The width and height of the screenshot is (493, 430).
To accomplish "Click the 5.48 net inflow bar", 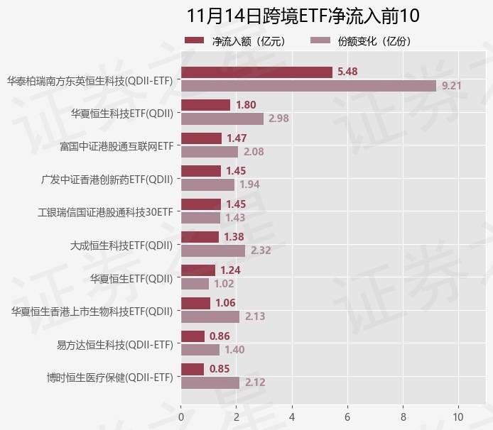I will pyautogui.click(x=256, y=72).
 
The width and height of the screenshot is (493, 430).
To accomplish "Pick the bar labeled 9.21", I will pyautogui.click(x=308, y=86).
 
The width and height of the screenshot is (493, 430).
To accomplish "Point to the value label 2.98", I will pyautogui.click(x=278, y=118).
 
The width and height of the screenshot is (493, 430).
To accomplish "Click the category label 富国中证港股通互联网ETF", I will pyautogui.click(x=117, y=145).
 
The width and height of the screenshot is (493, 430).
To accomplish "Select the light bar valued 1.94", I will pyautogui.click(x=207, y=184).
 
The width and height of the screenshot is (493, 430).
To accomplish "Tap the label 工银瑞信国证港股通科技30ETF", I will pyautogui.click(x=105, y=211).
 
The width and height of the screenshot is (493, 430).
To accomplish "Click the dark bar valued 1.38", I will pyautogui.click(x=200, y=237).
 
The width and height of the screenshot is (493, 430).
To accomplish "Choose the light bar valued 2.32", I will pyautogui.click(x=213, y=250).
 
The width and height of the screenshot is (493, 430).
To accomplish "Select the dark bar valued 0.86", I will pyautogui.click(x=193, y=336).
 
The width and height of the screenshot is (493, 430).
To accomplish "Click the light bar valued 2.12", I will pyautogui.click(x=210, y=382).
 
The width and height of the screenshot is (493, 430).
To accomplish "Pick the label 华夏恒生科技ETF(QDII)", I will pyautogui.click(x=122, y=112).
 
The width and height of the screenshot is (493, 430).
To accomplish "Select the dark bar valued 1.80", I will pyautogui.click(x=206, y=105).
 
